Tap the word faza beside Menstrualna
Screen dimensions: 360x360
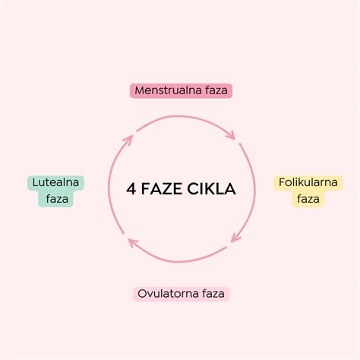pos(216,90)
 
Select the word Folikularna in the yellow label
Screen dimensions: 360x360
pos(308,182)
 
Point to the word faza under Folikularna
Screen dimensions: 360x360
pos(308,199)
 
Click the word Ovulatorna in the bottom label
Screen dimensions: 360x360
pos(168,294)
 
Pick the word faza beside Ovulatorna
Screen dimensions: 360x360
pos(213,294)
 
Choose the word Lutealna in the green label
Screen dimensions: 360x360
pos(55,182)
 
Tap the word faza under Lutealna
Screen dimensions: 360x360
pos(57,199)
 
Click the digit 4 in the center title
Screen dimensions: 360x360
pos(131,189)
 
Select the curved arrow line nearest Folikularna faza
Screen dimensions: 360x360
pos(254,190)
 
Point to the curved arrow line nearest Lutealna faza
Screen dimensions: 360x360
pos(109,185)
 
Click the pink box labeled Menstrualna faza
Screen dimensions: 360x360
pos(181,90)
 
